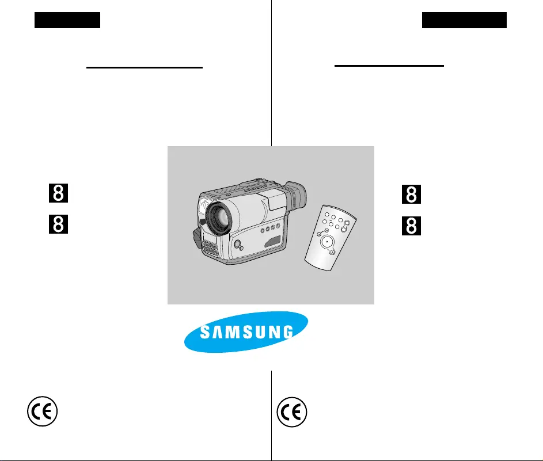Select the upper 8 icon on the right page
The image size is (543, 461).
[x=411, y=195]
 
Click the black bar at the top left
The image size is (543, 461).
[x=67, y=21]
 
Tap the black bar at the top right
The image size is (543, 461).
[x=464, y=21]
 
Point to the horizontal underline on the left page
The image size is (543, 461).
[x=145, y=67]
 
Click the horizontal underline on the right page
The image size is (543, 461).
[x=389, y=66]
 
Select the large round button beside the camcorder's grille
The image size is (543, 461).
[x=236, y=245]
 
